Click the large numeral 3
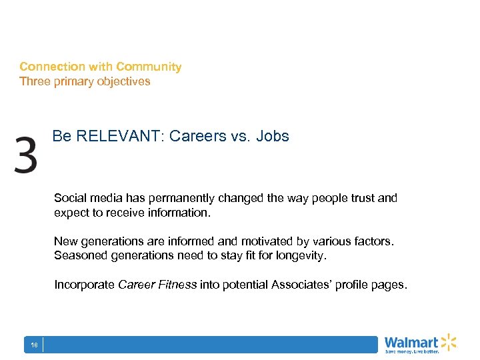[x=25, y=155]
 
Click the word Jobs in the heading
[x=275, y=137]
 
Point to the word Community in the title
[x=149, y=67]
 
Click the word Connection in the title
[x=53, y=67]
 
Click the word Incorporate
[x=85, y=285]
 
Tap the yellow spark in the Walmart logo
[x=449, y=341]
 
